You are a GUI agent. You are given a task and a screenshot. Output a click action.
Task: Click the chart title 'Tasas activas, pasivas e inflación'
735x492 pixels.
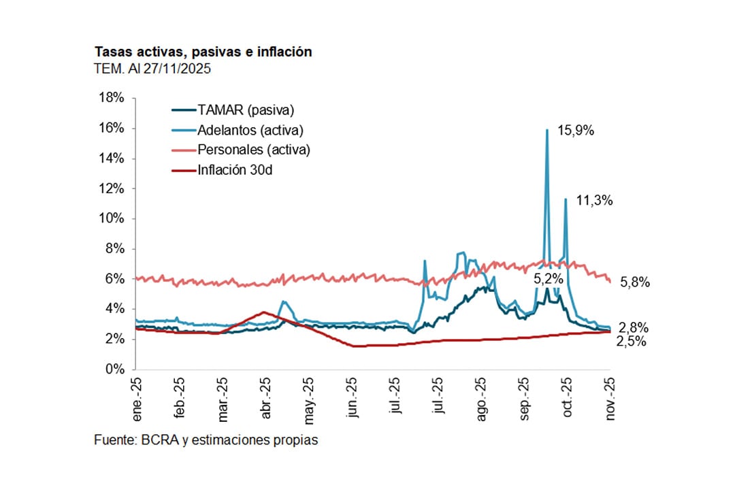(203, 52)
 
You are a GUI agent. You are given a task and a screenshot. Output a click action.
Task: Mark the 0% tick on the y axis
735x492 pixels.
(113, 370)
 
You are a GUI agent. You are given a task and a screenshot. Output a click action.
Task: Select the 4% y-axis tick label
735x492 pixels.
(113, 309)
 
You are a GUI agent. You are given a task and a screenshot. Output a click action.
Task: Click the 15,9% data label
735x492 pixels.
(576, 131)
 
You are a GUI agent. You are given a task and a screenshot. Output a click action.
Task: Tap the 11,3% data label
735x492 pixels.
(595, 201)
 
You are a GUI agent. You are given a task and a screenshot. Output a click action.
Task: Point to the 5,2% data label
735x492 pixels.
(549, 279)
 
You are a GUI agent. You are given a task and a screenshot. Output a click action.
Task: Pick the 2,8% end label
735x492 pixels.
(633, 327)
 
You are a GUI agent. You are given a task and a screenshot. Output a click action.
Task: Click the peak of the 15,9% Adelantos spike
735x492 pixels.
(547, 130)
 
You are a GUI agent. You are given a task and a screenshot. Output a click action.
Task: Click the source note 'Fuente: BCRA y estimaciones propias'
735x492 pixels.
(206, 440)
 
